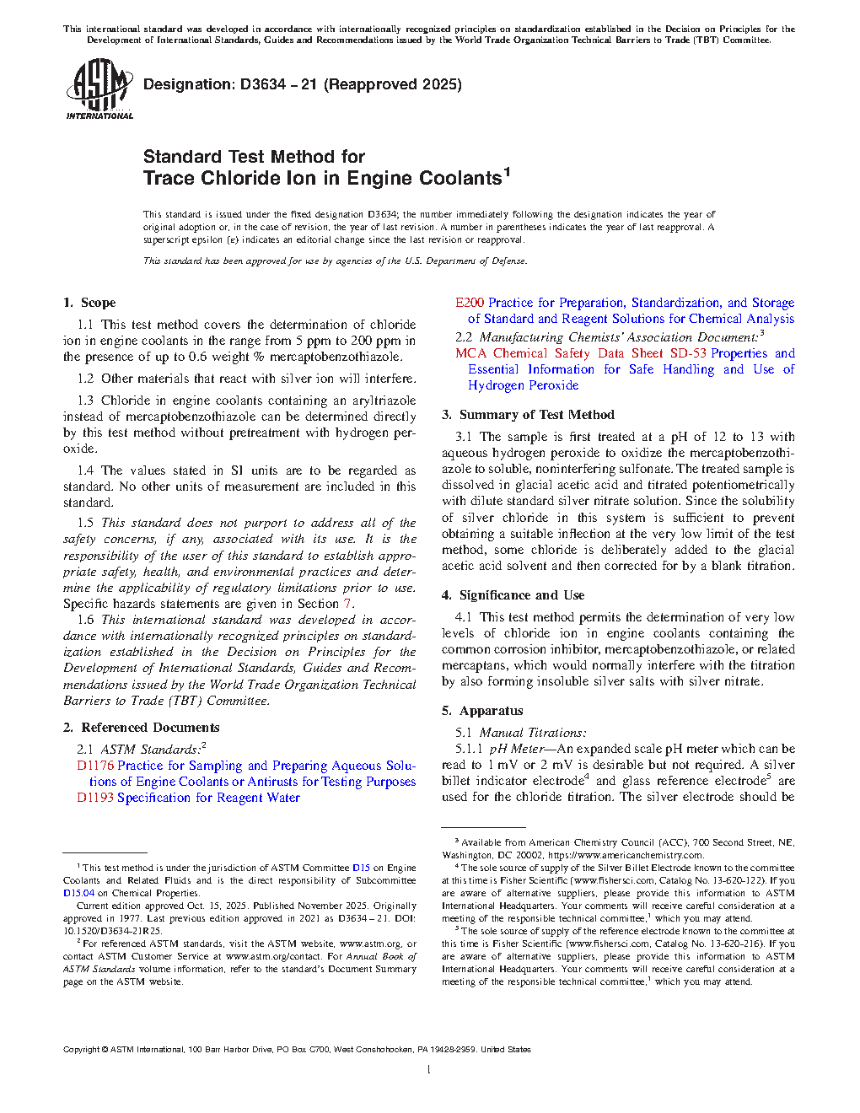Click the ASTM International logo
coord(99,89)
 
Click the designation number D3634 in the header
coord(263,84)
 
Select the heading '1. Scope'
coord(89,303)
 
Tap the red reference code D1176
coord(95,766)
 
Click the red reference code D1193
coord(95,798)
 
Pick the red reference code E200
coord(470,303)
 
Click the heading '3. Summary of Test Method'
coord(528,415)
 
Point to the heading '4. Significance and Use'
coord(513,595)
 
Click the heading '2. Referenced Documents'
coord(141,728)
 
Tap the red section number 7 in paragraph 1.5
coord(347,604)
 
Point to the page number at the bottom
coord(429,1070)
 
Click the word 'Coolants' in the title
coord(460,179)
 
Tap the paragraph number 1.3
coord(85,401)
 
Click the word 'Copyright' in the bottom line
coord(81,1050)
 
